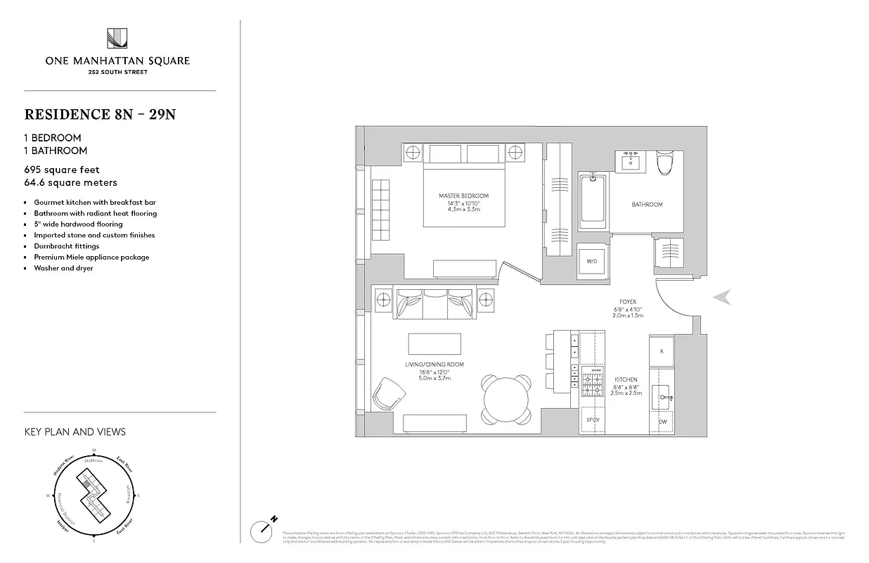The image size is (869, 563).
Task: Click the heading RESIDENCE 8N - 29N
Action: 100,114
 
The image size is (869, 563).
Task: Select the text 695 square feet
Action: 62,170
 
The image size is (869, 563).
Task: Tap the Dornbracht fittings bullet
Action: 67,246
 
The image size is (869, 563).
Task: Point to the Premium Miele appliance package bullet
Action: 91,257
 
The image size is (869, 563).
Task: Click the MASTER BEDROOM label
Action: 463,196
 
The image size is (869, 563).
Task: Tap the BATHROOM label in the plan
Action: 647,205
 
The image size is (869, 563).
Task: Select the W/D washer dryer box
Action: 591,261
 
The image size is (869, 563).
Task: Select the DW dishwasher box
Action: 662,422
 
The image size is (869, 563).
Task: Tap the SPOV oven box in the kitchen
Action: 593,421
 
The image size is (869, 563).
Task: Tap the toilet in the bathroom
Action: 664,163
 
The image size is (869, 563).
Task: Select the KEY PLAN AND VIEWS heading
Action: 75,431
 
